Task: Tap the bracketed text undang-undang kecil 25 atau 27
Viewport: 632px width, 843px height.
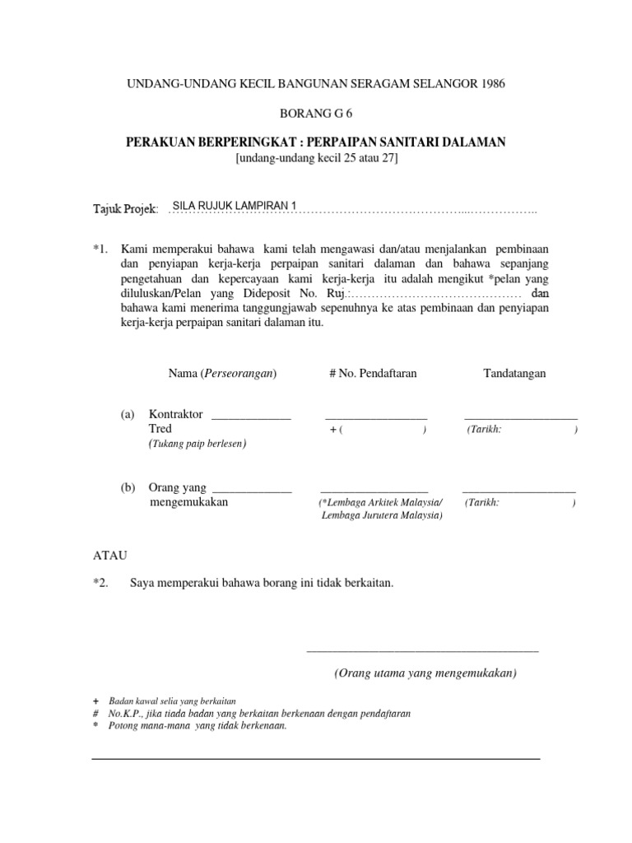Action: (x=315, y=158)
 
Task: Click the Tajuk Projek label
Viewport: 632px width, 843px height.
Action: (x=127, y=211)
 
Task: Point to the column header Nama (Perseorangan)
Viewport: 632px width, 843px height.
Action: (x=222, y=373)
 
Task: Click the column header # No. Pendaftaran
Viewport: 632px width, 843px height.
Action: (x=373, y=373)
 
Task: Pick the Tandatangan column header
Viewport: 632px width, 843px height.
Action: (x=514, y=373)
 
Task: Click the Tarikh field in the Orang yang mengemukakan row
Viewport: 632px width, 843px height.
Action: (x=519, y=502)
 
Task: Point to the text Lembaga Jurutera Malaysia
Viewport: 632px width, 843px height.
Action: (x=381, y=515)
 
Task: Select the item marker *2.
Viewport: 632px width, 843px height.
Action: (x=101, y=583)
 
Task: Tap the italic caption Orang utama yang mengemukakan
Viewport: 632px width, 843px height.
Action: (x=425, y=673)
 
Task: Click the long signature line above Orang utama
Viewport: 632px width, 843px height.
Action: (x=422, y=651)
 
